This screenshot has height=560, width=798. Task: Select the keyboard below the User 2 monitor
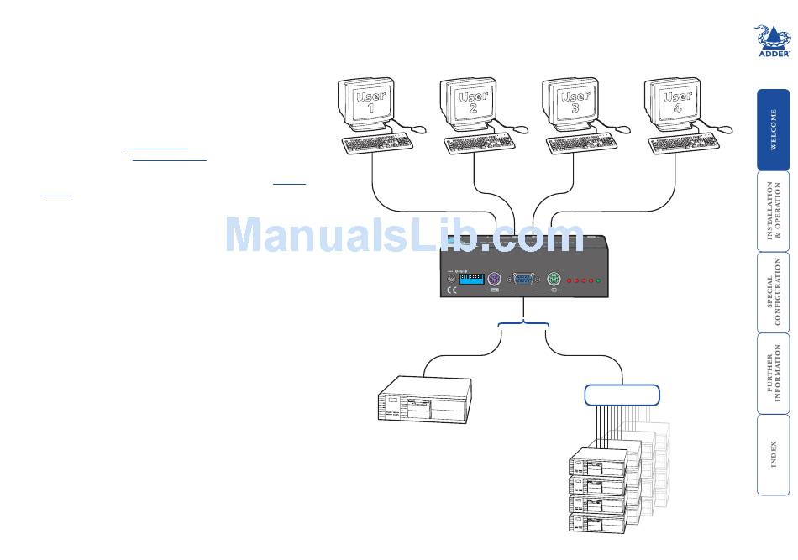tap(480, 144)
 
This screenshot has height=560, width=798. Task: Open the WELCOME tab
tap(774, 129)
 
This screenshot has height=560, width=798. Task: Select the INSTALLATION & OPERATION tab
tap(774, 211)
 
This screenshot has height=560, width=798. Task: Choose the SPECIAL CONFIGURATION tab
tap(774, 291)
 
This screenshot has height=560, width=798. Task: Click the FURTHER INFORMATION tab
tap(774, 373)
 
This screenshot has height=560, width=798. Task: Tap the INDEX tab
tap(774, 454)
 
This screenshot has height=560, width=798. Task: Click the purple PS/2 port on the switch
tap(494, 280)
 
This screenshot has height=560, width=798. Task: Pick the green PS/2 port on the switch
tap(553, 280)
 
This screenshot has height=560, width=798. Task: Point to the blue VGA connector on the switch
tap(523, 280)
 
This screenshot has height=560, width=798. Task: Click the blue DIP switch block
tap(471, 279)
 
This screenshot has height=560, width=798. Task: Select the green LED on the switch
tap(598, 280)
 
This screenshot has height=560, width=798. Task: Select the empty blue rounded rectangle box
tap(622, 394)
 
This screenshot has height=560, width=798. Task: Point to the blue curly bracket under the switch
tap(523, 325)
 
